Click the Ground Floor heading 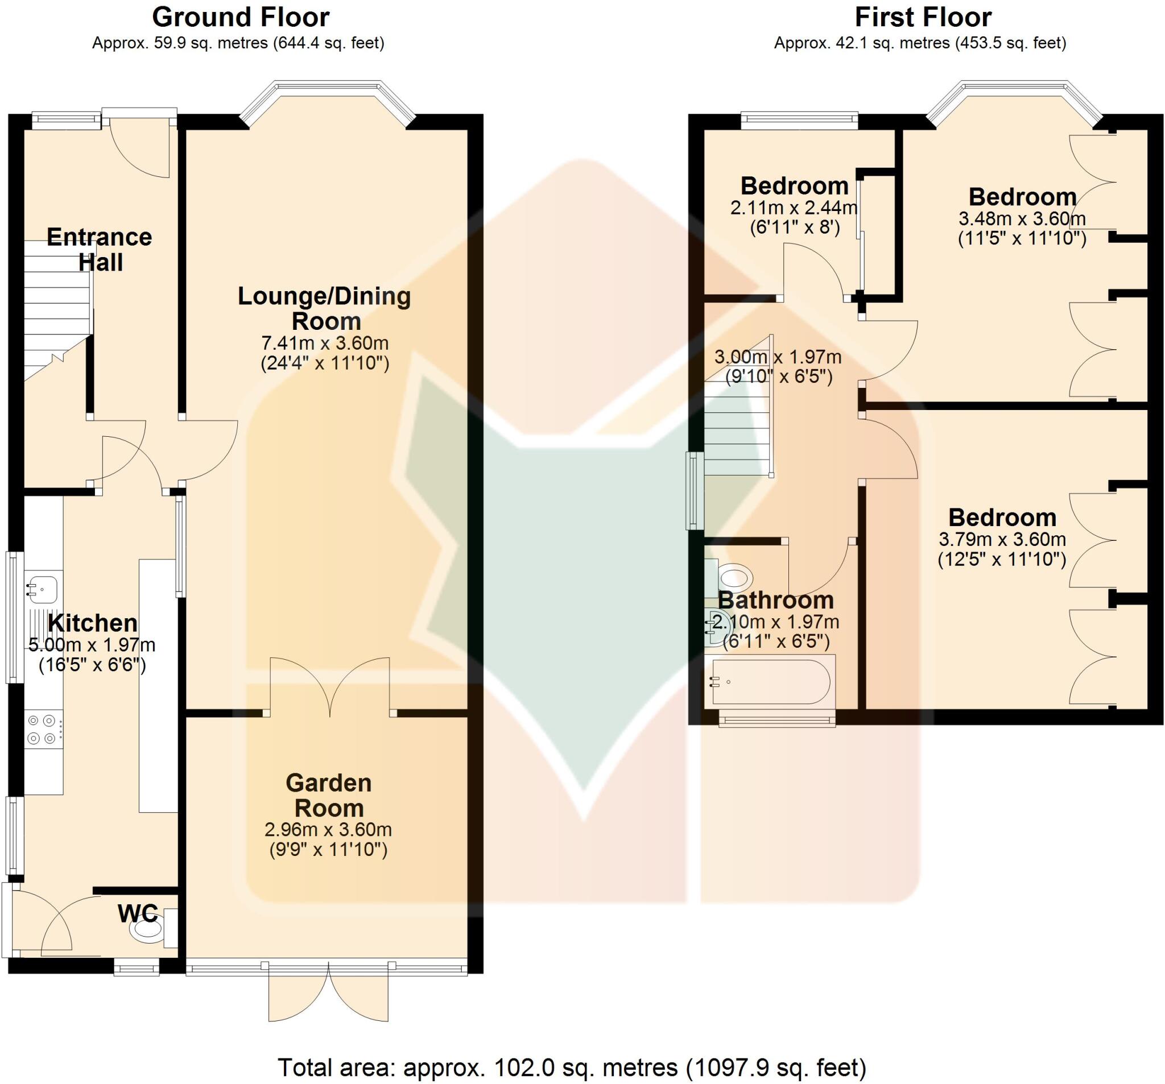(240, 18)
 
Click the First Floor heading (923, 18)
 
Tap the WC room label (137, 913)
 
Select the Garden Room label (328, 795)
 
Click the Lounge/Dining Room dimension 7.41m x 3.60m (325, 343)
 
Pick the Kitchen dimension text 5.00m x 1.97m (92, 645)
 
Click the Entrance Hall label (100, 249)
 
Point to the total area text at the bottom (571, 1068)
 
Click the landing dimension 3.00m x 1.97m (778, 356)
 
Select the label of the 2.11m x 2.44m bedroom (794, 186)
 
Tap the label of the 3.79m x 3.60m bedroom (1002, 518)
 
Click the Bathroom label (775, 600)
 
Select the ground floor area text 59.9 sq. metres (238, 43)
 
